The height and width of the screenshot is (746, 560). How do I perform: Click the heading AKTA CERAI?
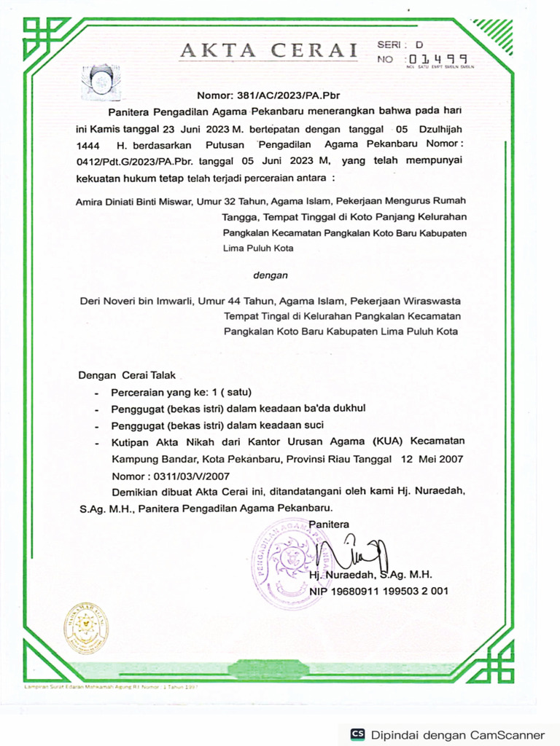(269, 51)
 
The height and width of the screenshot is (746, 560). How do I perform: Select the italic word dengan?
(270, 275)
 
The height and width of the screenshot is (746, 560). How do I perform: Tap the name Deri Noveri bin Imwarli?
(136, 301)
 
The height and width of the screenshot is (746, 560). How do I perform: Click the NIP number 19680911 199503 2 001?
(378, 591)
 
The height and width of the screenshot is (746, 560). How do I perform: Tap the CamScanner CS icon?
(357, 734)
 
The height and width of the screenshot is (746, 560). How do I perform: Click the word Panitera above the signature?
(329, 524)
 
